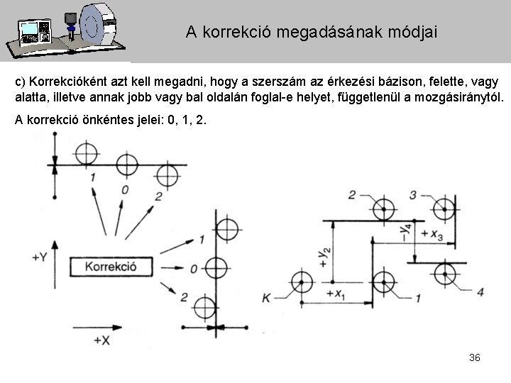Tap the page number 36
tap(475, 357)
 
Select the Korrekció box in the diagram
tap(111, 267)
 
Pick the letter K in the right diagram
tap(266, 299)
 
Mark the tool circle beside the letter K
tap(301, 282)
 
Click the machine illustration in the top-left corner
tap(63, 30)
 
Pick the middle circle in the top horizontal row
tap(126, 165)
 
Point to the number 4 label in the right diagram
tap(480, 292)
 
